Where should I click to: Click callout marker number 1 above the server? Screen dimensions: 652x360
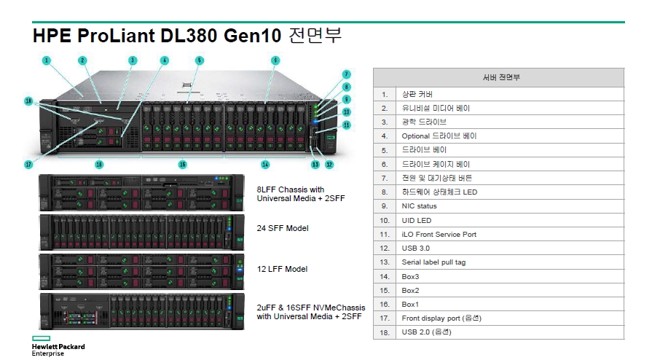click(47, 60)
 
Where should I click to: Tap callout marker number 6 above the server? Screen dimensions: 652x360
click(275, 60)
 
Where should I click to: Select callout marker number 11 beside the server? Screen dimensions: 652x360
click(346, 125)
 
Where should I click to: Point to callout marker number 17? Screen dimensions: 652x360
click(28, 165)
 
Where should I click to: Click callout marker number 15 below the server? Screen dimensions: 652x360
click(183, 165)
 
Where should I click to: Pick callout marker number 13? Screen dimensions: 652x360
click(315, 165)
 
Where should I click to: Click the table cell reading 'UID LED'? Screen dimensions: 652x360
click(510, 220)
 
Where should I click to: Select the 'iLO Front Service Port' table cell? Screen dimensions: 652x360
click(510, 235)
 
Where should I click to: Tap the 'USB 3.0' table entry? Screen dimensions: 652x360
click(510, 248)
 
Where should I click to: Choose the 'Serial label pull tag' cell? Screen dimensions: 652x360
click(510, 262)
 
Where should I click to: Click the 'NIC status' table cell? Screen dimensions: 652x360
click(510, 206)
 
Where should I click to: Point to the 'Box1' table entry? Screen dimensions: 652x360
click(510, 304)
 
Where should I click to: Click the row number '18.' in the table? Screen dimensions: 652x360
click(385, 332)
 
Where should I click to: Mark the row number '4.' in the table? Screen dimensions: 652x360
click(385, 136)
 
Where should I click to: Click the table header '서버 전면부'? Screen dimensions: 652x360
click(501, 77)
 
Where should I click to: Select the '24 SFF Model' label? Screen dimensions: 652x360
click(283, 228)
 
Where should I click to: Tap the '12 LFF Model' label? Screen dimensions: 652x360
click(283, 269)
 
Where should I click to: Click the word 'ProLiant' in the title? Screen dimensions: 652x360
click(116, 36)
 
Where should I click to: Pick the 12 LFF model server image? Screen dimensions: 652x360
click(142, 272)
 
